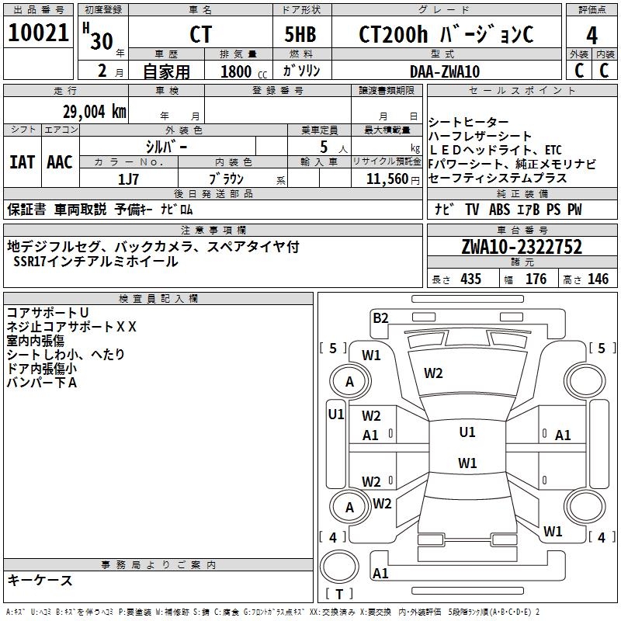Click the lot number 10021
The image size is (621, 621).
click(x=38, y=33)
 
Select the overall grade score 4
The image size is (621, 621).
click(x=592, y=36)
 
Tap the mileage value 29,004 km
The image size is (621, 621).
click(x=94, y=112)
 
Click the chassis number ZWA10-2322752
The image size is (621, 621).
click(x=522, y=247)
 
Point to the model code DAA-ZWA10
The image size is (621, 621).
click(x=445, y=71)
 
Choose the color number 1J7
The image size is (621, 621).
click(x=128, y=179)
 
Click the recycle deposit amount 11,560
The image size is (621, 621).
click(x=387, y=179)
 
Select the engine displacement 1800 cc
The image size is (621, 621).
click(x=244, y=71)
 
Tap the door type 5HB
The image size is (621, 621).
click(x=300, y=34)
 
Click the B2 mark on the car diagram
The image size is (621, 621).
click(x=380, y=317)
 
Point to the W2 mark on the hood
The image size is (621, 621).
click(x=433, y=373)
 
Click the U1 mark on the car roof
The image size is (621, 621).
click(x=467, y=432)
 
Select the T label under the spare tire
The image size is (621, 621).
click(x=339, y=594)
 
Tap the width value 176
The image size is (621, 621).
click(x=536, y=279)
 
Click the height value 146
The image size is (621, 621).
click(x=598, y=279)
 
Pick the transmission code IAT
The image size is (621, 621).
click(x=23, y=162)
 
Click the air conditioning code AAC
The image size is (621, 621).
click(x=60, y=162)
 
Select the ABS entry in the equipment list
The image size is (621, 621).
click(x=499, y=210)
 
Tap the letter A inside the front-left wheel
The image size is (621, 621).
click(x=349, y=382)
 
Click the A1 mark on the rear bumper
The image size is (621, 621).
click(x=380, y=573)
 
